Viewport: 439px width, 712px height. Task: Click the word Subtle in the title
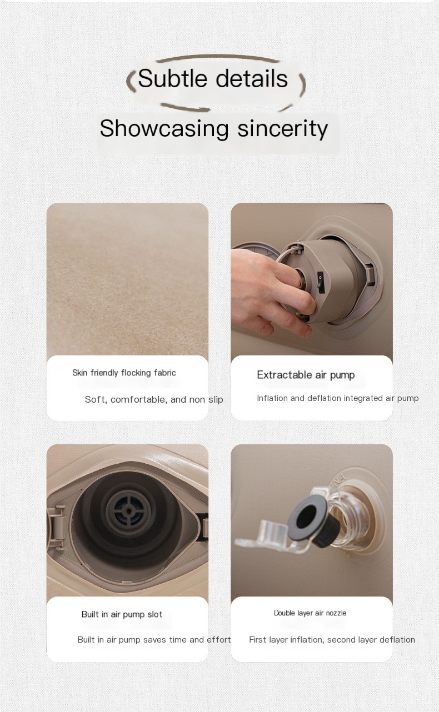tap(172, 78)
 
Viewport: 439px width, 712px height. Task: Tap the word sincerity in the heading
tap(282, 129)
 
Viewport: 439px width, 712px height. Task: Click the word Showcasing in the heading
tap(164, 129)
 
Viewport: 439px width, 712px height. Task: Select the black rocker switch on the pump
tap(320, 282)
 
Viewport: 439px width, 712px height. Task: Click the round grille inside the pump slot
tap(128, 511)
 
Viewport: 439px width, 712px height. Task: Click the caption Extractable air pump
tap(306, 375)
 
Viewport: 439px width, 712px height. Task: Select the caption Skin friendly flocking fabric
tap(124, 373)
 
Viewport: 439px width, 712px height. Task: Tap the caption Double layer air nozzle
tap(310, 613)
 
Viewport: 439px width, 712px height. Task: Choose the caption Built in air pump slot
tap(122, 614)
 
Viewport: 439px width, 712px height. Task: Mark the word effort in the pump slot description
tap(219, 640)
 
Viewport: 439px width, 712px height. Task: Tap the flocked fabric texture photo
tap(127, 279)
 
